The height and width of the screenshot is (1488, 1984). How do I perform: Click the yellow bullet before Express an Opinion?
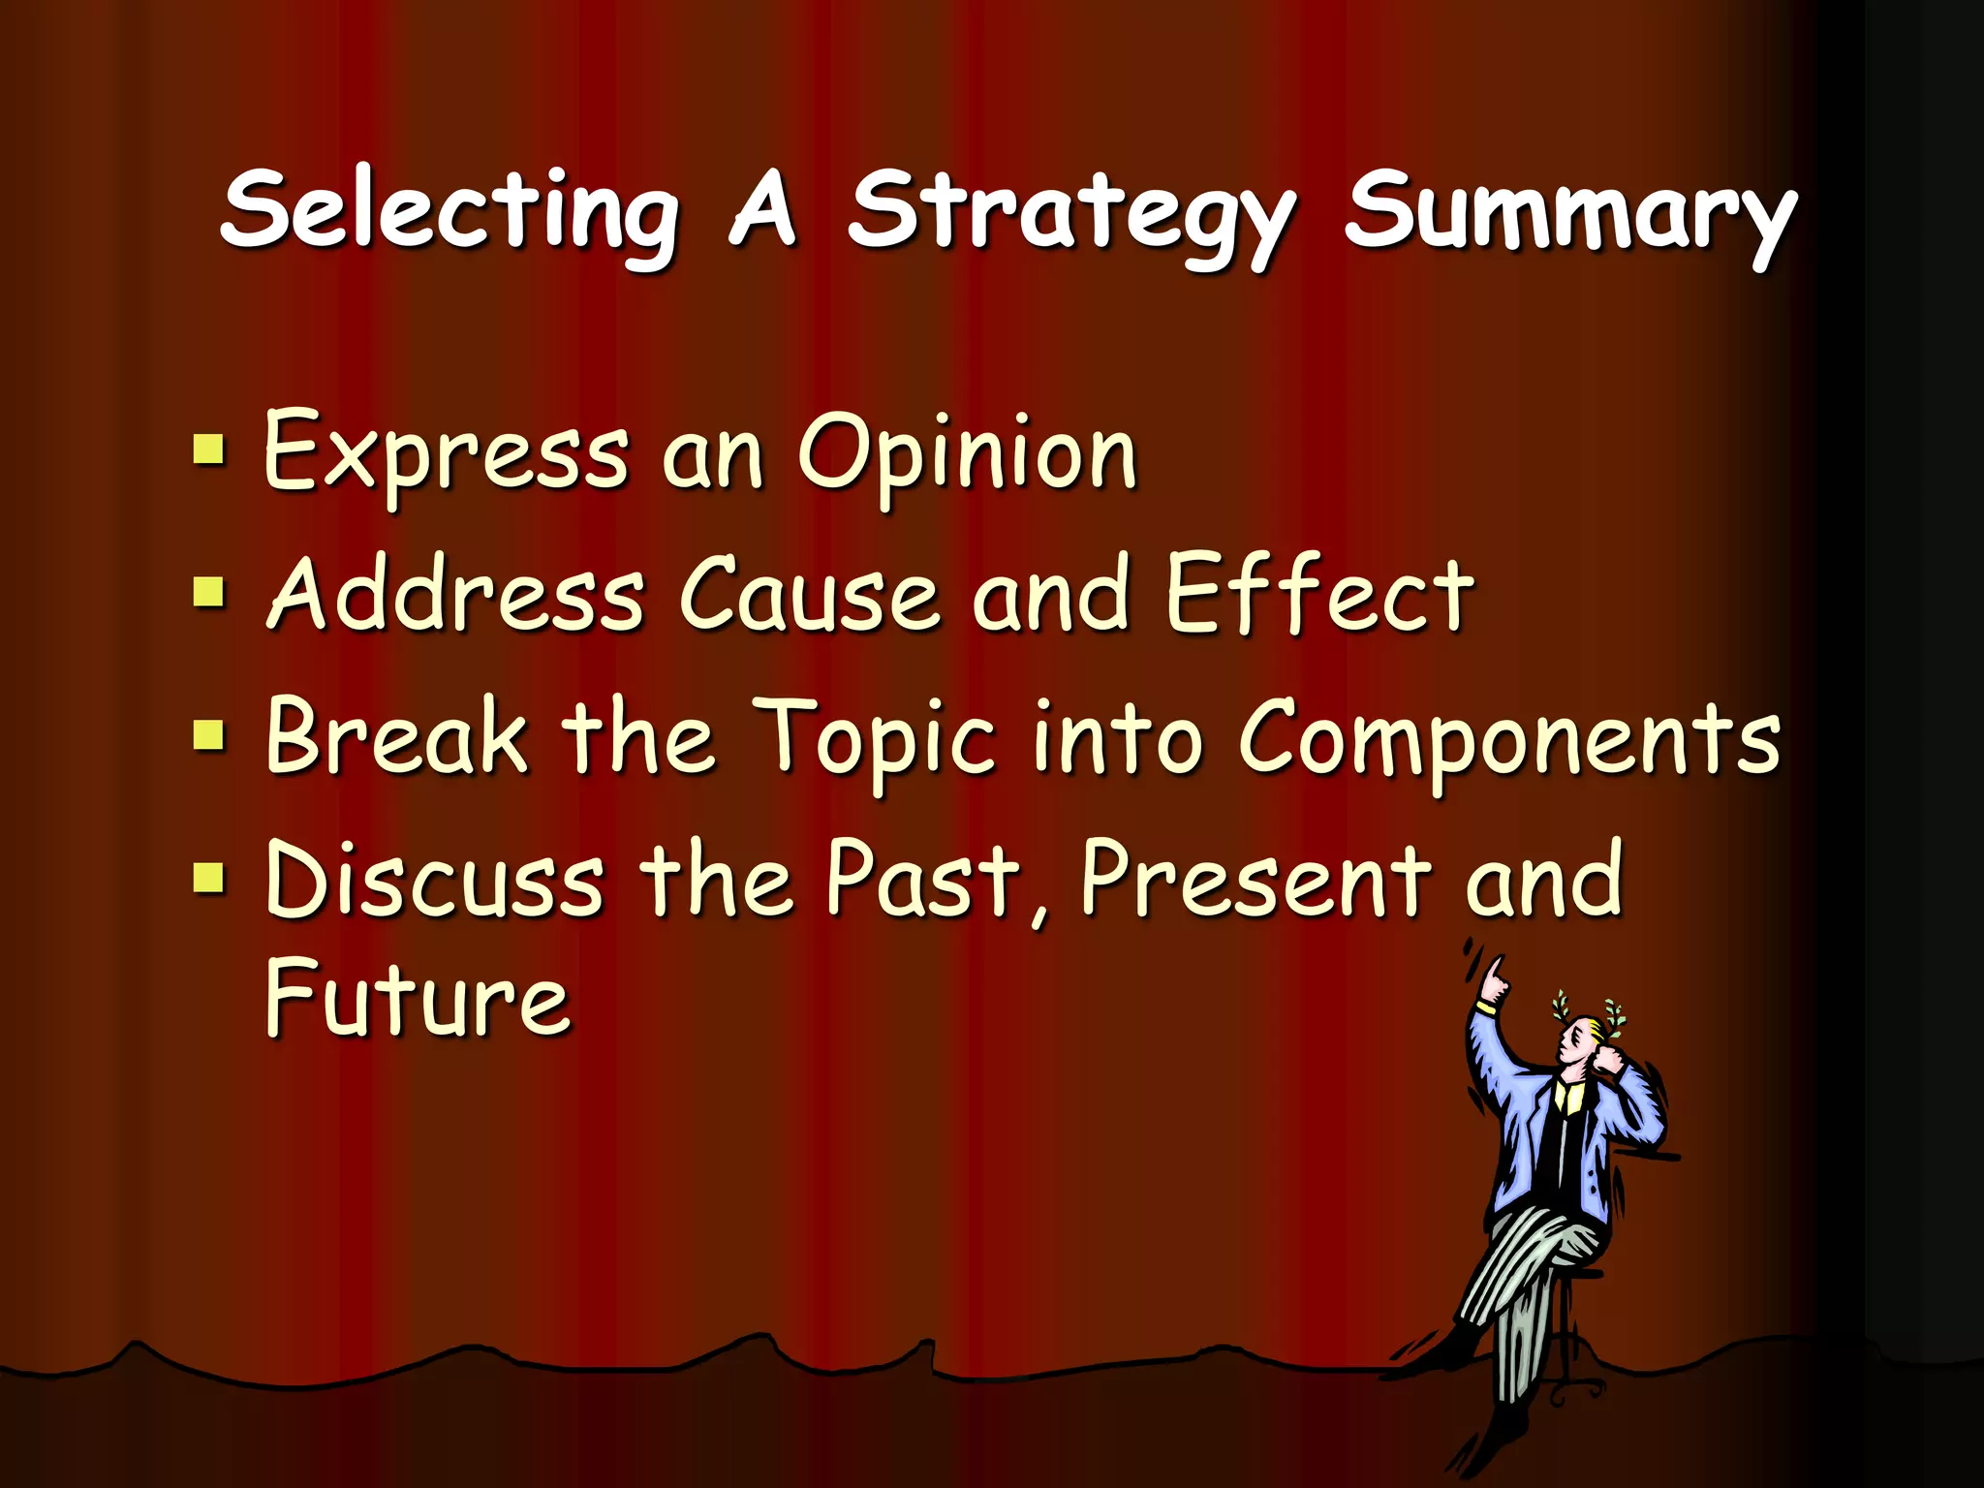208,450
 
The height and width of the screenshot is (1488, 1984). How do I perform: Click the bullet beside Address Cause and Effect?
208,592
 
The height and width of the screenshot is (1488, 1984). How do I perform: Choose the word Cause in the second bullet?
809,594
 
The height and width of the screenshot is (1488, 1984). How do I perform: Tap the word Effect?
1319,592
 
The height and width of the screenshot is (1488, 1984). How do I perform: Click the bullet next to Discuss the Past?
208,878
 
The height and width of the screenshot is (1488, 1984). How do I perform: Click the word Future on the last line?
418,998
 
